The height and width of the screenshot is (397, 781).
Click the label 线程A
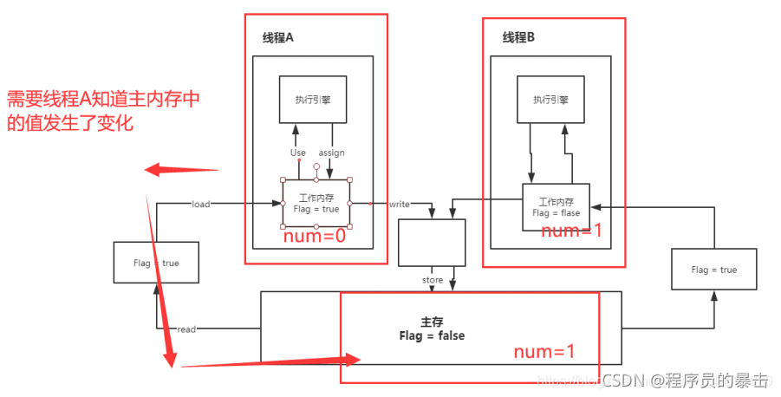(279, 37)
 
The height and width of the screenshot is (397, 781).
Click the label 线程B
(518, 37)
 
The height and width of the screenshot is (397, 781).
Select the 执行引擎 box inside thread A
(313, 99)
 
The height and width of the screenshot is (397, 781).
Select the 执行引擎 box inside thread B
(551, 99)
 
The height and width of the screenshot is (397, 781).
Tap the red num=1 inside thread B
(571, 231)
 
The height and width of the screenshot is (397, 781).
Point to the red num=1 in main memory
(543, 352)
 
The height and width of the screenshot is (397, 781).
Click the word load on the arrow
(201, 205)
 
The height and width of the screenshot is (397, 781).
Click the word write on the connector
(399, 205)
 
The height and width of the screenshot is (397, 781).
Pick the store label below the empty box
(433, 280)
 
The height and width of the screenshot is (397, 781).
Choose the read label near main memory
(186, 329)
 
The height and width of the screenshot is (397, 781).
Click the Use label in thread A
(297, 153)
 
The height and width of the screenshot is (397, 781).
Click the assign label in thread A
(331, 153)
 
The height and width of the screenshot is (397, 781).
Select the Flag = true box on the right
(713, 270)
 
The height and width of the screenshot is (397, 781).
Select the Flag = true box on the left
(157, 263)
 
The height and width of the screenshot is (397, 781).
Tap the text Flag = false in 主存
(432, 335)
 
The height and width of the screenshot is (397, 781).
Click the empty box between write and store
(432, 242)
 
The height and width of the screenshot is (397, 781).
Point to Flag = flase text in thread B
(556, 212)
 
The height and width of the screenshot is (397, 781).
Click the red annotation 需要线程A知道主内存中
(103, 99)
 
